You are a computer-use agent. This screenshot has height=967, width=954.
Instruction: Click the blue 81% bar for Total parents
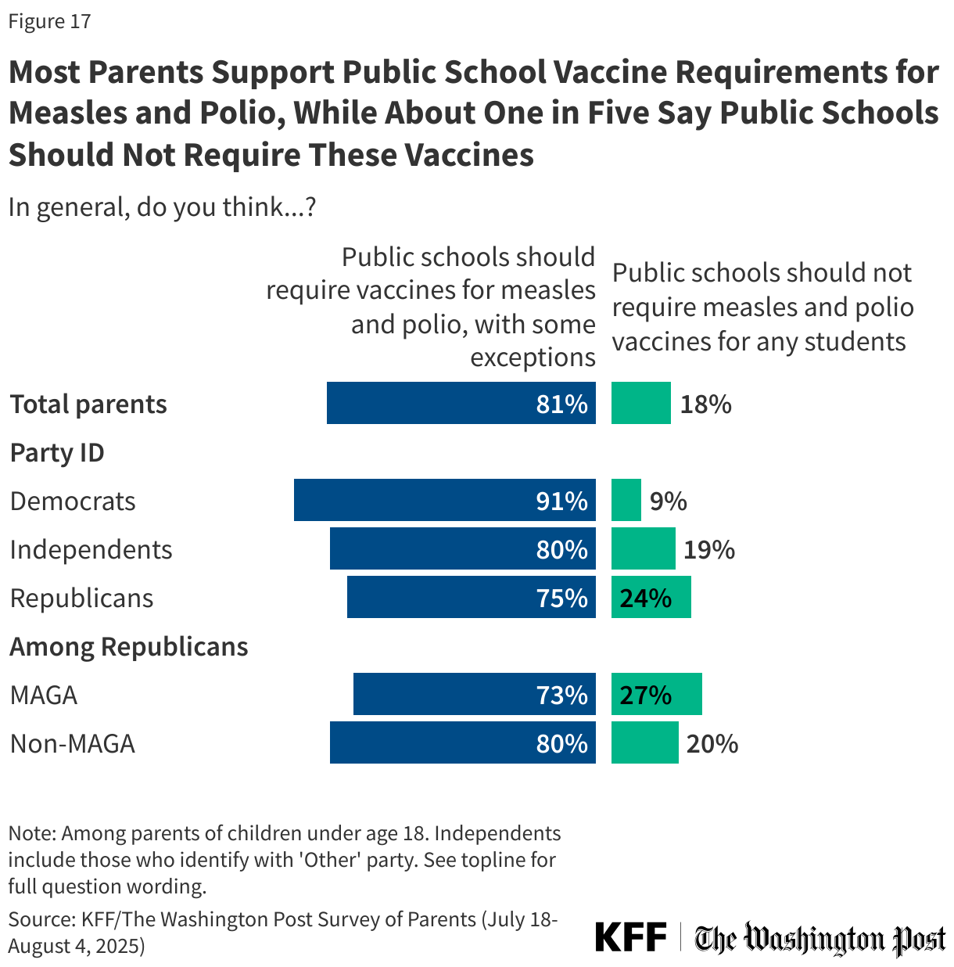click(x=461, y=403)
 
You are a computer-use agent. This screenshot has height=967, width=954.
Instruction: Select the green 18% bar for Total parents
click(x=640, y=403)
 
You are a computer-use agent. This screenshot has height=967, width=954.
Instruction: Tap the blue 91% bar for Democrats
click(x=444, y=500)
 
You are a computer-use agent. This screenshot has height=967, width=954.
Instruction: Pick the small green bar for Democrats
click(x=626, y=500)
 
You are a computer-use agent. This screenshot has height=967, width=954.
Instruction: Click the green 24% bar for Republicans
click(x=651, y=597)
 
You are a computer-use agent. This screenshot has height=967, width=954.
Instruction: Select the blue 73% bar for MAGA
click(x=474, y=694)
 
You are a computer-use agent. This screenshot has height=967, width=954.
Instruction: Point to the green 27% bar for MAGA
click(x=656, y=694)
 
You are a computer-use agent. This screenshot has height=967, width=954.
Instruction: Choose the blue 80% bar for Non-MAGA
click(x=462, y=742)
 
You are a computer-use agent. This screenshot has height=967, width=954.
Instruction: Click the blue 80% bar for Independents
click(x=462, y=548)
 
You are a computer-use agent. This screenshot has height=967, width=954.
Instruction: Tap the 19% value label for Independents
click(x=709, y=549)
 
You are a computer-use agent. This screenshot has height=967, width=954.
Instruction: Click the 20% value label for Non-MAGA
click(x=712, y=743)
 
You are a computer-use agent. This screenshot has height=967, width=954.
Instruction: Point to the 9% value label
click(x=668, y=501)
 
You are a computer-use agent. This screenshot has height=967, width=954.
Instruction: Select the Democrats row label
click(x=73, y=501)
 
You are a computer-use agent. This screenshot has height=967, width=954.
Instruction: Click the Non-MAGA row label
click(x=73, y=743)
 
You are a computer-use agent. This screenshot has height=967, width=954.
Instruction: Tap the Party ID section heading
click(x=57, y=452)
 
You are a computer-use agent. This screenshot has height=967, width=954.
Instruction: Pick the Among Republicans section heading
click(x=129, y=646)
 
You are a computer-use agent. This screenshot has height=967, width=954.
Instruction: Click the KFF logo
click(x=630, y=936)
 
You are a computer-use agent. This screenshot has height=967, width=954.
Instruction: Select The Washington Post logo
click(x=820, y=938)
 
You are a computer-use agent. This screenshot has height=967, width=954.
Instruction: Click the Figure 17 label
click(x=49, y=21)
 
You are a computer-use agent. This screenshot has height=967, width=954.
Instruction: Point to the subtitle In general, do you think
click(x=162, y=207)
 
